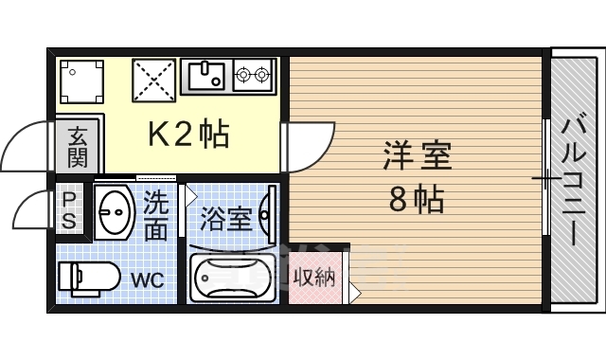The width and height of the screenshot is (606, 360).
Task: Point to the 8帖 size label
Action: coord(418,200)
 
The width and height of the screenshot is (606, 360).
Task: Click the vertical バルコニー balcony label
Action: coord(575,179)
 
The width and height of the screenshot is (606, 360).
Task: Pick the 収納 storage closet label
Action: coord(314,279)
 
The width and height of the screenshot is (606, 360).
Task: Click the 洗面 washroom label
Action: coord(156,215)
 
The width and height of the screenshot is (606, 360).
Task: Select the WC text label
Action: coord(147,281)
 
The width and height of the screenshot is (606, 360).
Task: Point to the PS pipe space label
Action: coord(69,211)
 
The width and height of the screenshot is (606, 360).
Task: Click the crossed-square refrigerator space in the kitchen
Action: coord(154,81)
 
